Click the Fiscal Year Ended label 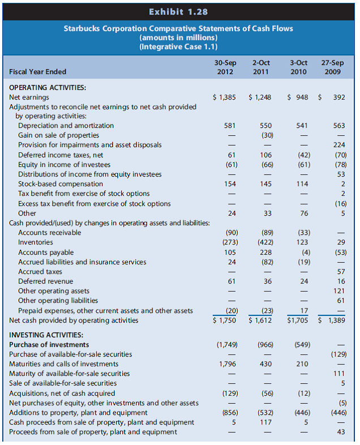38,72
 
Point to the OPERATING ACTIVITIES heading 48,88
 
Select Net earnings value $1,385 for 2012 224,97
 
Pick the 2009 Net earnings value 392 339,97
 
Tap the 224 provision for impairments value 339,144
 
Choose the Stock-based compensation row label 61,183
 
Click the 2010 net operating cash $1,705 298,320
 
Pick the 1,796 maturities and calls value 227,363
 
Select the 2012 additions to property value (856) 226,413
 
